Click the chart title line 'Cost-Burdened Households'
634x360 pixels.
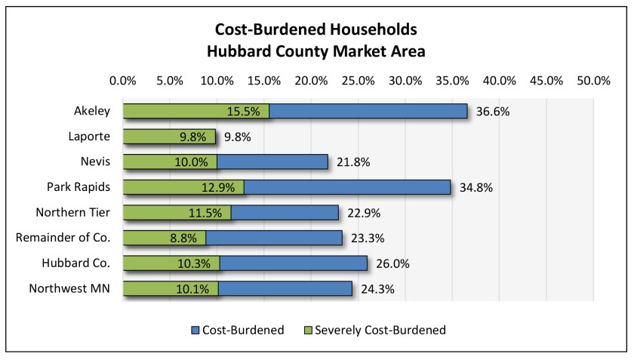[x=315, y=30]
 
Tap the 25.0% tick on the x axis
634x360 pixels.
[x=358, y=81]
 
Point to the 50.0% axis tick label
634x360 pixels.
[x=593, y=81]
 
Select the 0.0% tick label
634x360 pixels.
[x=123, y=81]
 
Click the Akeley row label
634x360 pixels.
[x=93, y=111]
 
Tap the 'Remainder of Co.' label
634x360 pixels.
[x=63, y=238]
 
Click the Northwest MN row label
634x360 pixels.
[x=69, y=288]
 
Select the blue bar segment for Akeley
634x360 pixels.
[x=368, y=111]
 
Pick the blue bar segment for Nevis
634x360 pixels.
[x=272, y=162]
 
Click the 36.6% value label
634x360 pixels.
[x=493, y=112]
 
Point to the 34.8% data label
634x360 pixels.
[x=475, y=188]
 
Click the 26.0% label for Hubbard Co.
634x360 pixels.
[x=392, y=263]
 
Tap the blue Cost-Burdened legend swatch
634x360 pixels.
[x=195, y=330]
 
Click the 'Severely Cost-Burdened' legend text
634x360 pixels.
[x=380, y=330]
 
